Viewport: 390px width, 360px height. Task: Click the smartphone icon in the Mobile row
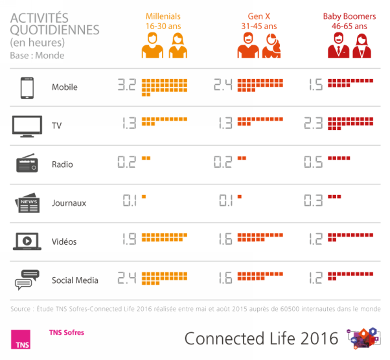click(x=27, y=87)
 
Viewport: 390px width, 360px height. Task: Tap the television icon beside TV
click(x=27, y=125)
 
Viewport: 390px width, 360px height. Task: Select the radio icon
click(x=27, y=164)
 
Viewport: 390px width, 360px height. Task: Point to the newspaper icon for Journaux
click(x=27, y=203)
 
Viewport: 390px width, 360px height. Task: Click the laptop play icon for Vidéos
click(x=27, y=242)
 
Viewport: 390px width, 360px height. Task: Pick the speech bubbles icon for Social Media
click(x=27, y=280)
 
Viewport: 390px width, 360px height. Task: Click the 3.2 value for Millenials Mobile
click(x=126, y=85)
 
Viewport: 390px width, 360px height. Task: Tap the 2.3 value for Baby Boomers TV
click(x=314, y=124)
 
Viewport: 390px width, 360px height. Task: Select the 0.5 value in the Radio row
click(x=314, y=163)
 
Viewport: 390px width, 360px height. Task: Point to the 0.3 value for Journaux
click(x=314, y=201)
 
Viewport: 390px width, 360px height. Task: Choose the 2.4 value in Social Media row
click(x=126, y=279)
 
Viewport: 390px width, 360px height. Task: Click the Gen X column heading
click(x=262, y=21)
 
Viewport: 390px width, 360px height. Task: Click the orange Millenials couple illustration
click(x=164, y=46)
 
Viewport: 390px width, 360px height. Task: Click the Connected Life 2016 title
click(x=261, y=338)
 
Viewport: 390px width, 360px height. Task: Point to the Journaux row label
click(x=69, y=203)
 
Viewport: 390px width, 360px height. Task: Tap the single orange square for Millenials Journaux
click(x=144, y=197)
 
